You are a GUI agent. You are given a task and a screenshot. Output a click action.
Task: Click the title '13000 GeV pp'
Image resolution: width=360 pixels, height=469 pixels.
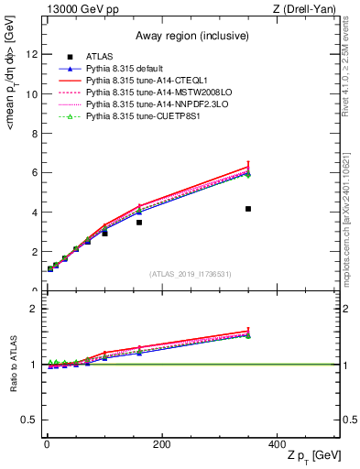(x=80, y=10)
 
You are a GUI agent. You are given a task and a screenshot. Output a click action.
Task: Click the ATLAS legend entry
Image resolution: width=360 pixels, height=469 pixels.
(x=101, y=58)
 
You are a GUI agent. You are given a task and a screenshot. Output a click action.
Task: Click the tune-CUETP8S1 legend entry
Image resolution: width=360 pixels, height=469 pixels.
(x=138, y=117)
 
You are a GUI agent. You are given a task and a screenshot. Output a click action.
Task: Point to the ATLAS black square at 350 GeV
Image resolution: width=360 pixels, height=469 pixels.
(x=248, y=209)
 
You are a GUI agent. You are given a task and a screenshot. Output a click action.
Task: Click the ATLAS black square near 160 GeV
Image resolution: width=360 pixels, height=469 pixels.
(x=139, y=223)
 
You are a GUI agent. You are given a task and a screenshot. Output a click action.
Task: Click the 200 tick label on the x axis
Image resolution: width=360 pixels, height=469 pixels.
(x=161, y=444)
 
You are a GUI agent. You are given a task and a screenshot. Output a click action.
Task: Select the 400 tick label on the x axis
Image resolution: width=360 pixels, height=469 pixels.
(x=276, y=444)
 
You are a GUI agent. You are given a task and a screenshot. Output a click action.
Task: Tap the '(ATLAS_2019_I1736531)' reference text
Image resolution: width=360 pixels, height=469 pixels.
(x=190, y=274)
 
